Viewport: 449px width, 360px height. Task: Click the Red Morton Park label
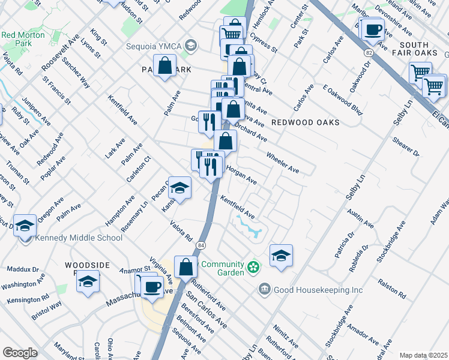(25, 40)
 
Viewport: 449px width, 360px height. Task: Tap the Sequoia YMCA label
(154, 46)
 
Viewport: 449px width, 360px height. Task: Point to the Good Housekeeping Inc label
(318, 290)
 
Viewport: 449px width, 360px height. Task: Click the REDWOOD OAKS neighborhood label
(306, 122)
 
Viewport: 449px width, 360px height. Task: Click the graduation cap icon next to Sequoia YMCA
(191, 46)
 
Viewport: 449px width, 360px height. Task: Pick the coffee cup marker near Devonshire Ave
(373, 29)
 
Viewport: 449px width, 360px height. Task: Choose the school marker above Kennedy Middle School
(25, 226)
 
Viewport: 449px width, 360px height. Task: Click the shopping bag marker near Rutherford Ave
(186, 267)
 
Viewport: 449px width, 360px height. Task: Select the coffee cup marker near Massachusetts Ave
(152, 286)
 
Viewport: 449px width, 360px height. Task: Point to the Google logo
(20, 353)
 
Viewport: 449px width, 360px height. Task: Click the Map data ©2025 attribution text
(423, 355)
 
